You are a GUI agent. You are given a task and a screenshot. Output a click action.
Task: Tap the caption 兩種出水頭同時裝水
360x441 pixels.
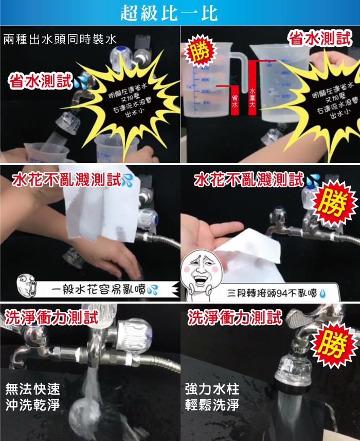60,39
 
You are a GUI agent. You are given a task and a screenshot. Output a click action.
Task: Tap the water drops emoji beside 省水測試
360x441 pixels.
80,83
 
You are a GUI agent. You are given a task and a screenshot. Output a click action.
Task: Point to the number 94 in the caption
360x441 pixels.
280,294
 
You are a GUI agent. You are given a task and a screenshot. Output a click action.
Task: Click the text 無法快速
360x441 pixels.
32,389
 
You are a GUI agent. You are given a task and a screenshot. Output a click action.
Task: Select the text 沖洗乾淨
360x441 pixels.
32,405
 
